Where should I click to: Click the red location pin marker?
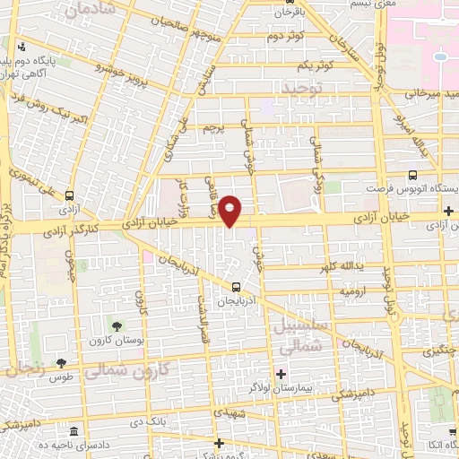230,211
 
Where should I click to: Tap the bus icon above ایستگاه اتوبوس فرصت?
412,176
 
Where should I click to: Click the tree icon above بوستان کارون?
117,325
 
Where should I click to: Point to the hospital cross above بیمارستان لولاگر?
281,373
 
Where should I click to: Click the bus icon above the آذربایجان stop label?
235,287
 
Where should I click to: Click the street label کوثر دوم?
284,37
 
